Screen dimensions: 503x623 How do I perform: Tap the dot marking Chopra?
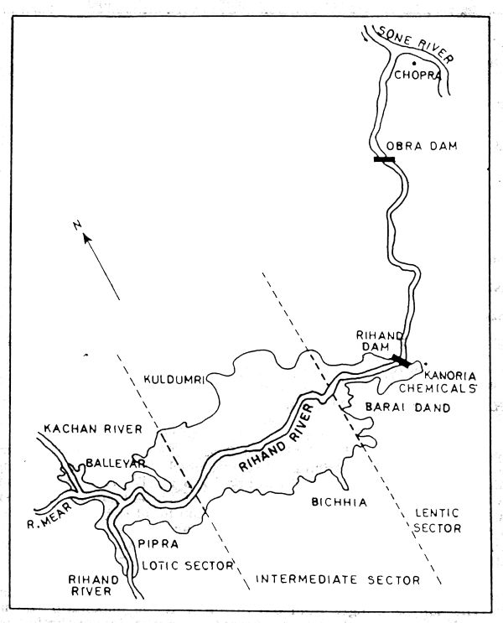click(x=412, y=64)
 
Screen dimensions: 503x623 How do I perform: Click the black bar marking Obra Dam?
click(x=385, y=158)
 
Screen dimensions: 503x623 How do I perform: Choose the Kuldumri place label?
click(x=175, y=380)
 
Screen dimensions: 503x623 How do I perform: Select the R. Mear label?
click(x=52, y=506)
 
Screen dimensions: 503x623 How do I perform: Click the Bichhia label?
click(x=319, y=501)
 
